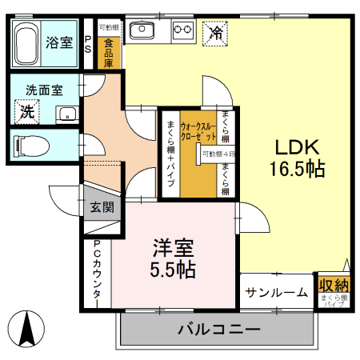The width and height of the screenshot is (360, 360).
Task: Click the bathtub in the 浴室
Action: coord(28,44)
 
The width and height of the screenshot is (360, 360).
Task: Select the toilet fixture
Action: coord(32,144)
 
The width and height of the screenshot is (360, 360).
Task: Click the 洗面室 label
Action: coord(43,90)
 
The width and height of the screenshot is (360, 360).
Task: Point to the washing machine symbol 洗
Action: coord(28,112)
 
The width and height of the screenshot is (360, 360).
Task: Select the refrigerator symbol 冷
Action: coord(216,34)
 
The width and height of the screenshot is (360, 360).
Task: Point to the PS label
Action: coord(88,44)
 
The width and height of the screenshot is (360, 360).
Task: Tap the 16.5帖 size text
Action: coord(298,170)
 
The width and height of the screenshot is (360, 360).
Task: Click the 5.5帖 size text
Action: coord(174,270)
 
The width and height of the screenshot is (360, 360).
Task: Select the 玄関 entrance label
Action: coord(102,207)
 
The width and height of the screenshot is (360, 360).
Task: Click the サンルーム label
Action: coord(277,292)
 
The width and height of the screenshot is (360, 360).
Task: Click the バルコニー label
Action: coord(218,330)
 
